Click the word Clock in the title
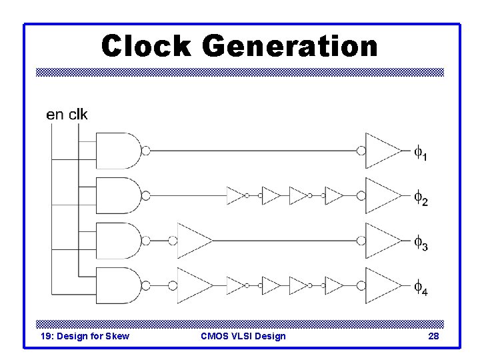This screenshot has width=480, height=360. click(146, 47)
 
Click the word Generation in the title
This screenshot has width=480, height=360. click(288, 47)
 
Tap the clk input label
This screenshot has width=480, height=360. click(77, 114)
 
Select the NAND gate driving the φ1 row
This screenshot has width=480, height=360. click(119, 150)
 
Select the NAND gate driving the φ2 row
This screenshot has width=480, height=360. click(119, 195)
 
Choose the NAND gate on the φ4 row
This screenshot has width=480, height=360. click(119, 285)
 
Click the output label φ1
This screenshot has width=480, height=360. click(421, 153)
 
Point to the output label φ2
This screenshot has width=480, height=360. click(421, 198)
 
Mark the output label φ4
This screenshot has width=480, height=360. click(421, 289)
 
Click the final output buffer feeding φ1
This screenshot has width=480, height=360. click(383, 150)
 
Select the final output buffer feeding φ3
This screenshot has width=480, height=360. click(383, 240)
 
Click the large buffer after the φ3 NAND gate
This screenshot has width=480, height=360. click(193, 240)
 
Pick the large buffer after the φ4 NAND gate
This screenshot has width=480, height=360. click(193, 285)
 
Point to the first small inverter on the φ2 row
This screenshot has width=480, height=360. click(235, 195)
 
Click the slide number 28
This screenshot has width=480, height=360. click(433, 336)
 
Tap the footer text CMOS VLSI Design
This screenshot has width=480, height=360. click(243, 336)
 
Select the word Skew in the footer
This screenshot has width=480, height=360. click(117, 336)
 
